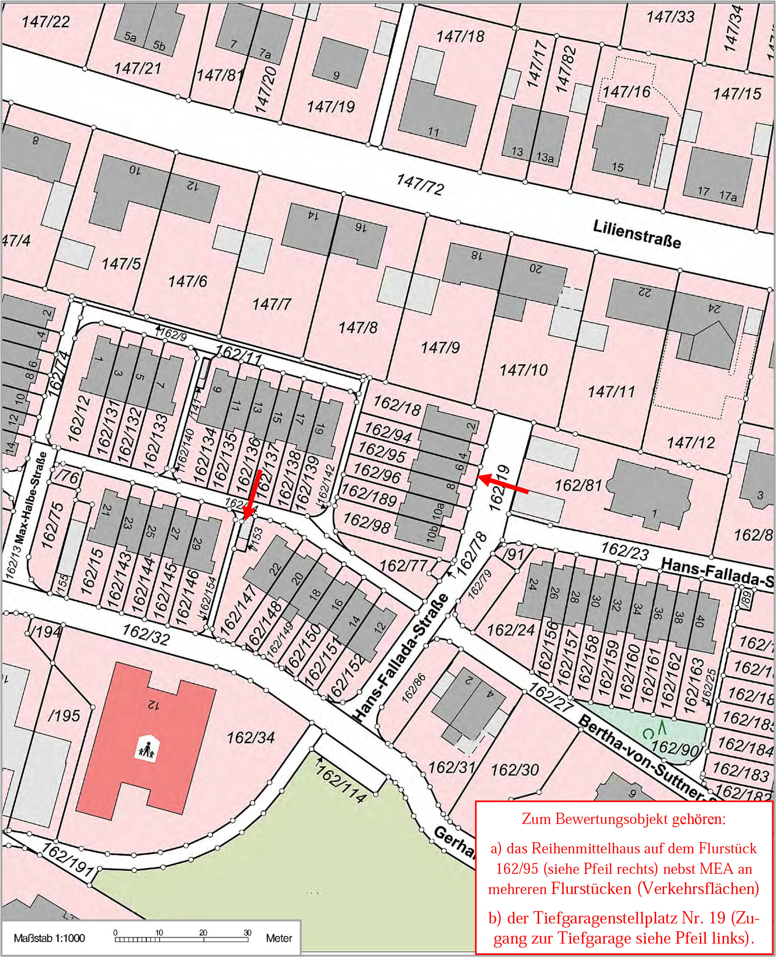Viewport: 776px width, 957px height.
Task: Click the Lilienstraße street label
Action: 636,234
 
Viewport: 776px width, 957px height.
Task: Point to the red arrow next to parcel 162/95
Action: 503,485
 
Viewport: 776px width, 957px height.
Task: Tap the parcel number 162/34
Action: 250,738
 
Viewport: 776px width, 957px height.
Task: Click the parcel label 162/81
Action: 578,485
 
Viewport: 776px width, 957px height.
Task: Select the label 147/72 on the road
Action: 420,185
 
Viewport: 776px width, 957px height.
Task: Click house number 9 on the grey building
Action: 336,75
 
